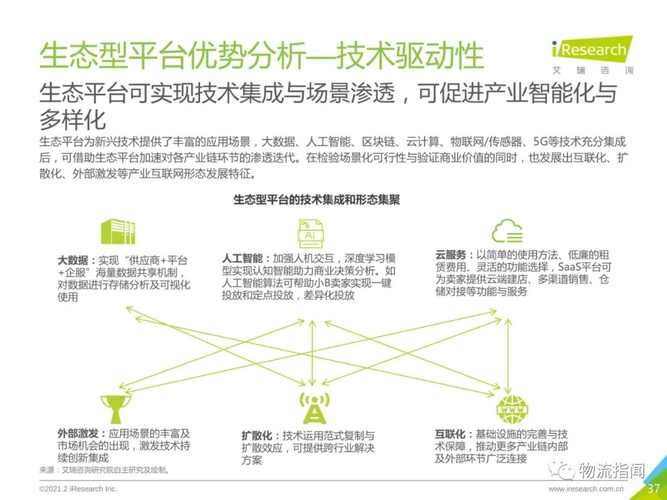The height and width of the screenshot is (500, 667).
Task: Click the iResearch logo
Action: [592, 56]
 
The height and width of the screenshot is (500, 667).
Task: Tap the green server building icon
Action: [118, 231]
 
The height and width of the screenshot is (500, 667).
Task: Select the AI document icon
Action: [311, 233]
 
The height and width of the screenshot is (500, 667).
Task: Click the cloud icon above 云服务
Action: [507, 231]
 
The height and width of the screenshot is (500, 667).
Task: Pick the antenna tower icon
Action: [314, 408]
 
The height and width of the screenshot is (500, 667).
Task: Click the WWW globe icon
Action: [512, 409]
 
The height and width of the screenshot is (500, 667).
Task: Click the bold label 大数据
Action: [73, 260]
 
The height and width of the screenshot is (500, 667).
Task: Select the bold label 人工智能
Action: [242, 258]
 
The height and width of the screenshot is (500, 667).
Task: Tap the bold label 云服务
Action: [450, 255]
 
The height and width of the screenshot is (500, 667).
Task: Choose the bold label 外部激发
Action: [78, 434]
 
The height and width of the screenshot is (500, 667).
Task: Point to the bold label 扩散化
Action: [257, 436]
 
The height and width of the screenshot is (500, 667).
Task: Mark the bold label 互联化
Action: [450, 434]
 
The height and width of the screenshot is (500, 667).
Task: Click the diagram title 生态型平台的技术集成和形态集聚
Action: [316, 199]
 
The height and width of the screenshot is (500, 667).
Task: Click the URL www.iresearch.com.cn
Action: [585, 489]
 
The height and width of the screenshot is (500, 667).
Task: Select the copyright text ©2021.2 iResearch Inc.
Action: [78, 489]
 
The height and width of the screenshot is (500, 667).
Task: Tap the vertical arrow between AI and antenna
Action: [313, 353]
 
